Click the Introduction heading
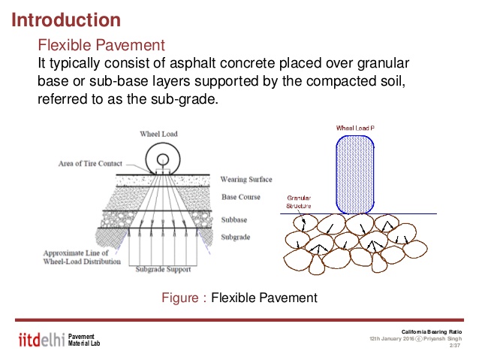coord(66,19)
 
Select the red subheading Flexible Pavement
coord(101,44)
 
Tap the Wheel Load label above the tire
coord(159,134)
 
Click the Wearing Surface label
coord(246,180)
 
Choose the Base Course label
coord(240,197)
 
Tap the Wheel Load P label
coord(355,129)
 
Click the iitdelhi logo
coord(40,339)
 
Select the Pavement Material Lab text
coord(83,339)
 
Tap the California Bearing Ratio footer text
coord(432,331)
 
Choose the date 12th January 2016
coord(392,339)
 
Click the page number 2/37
coord(454,346)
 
